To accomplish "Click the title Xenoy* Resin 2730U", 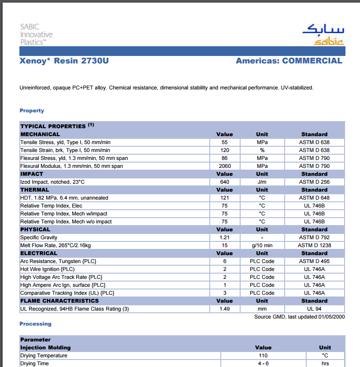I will coord(64,61).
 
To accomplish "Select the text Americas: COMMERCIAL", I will coord(289,61).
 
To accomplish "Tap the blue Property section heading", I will coord(32,111).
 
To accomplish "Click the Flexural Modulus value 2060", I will coord(225,166).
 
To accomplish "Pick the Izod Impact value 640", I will coord(225,182).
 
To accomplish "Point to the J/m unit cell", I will coord(262,182).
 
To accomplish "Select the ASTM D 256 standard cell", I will coord(314,182).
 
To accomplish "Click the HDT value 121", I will coord(225,198).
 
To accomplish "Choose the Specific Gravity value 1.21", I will coord(225,237).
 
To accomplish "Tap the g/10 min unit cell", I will coord(262,245).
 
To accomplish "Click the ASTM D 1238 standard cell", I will coord(314,245).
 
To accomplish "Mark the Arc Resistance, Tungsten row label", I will coord(58,261).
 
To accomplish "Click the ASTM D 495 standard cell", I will coord(314,261).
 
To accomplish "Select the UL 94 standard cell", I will coord(314,309).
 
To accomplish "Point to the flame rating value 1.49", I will coord(225,309).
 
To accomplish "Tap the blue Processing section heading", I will coord(35,324).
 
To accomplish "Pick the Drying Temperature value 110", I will coord(263,356).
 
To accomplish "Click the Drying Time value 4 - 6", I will coord(263,363).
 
